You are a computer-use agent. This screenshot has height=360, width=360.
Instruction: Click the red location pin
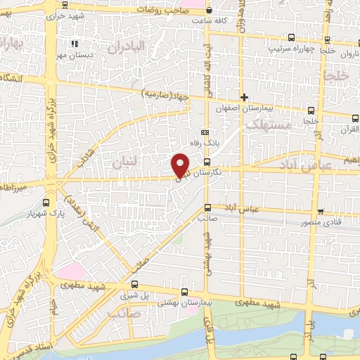tap(181, 165)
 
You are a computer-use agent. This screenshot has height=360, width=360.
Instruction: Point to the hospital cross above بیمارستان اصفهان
tap(244, 97)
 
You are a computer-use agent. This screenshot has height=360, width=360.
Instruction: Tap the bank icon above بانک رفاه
tap(205, 132)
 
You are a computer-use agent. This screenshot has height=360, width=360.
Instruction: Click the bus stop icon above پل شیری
tap(184, 292)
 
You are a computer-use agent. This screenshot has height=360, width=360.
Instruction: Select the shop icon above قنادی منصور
tap(321, 211)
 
